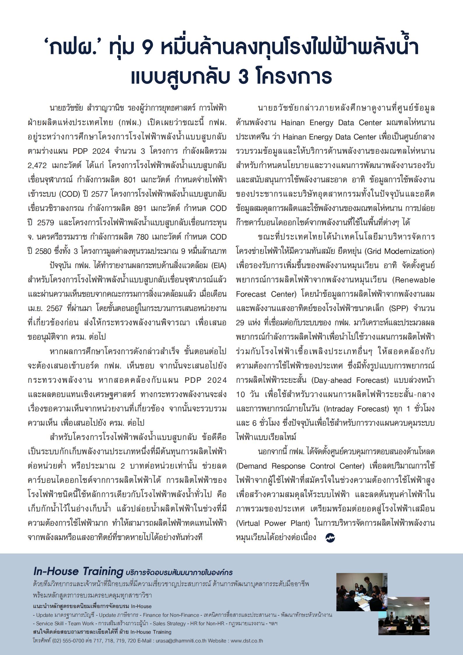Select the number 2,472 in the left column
click(x=35, y=165)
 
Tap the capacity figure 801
click(x=130, y=180)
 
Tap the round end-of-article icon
click(x=330, y=537)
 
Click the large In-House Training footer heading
click(x=78, y=571)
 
